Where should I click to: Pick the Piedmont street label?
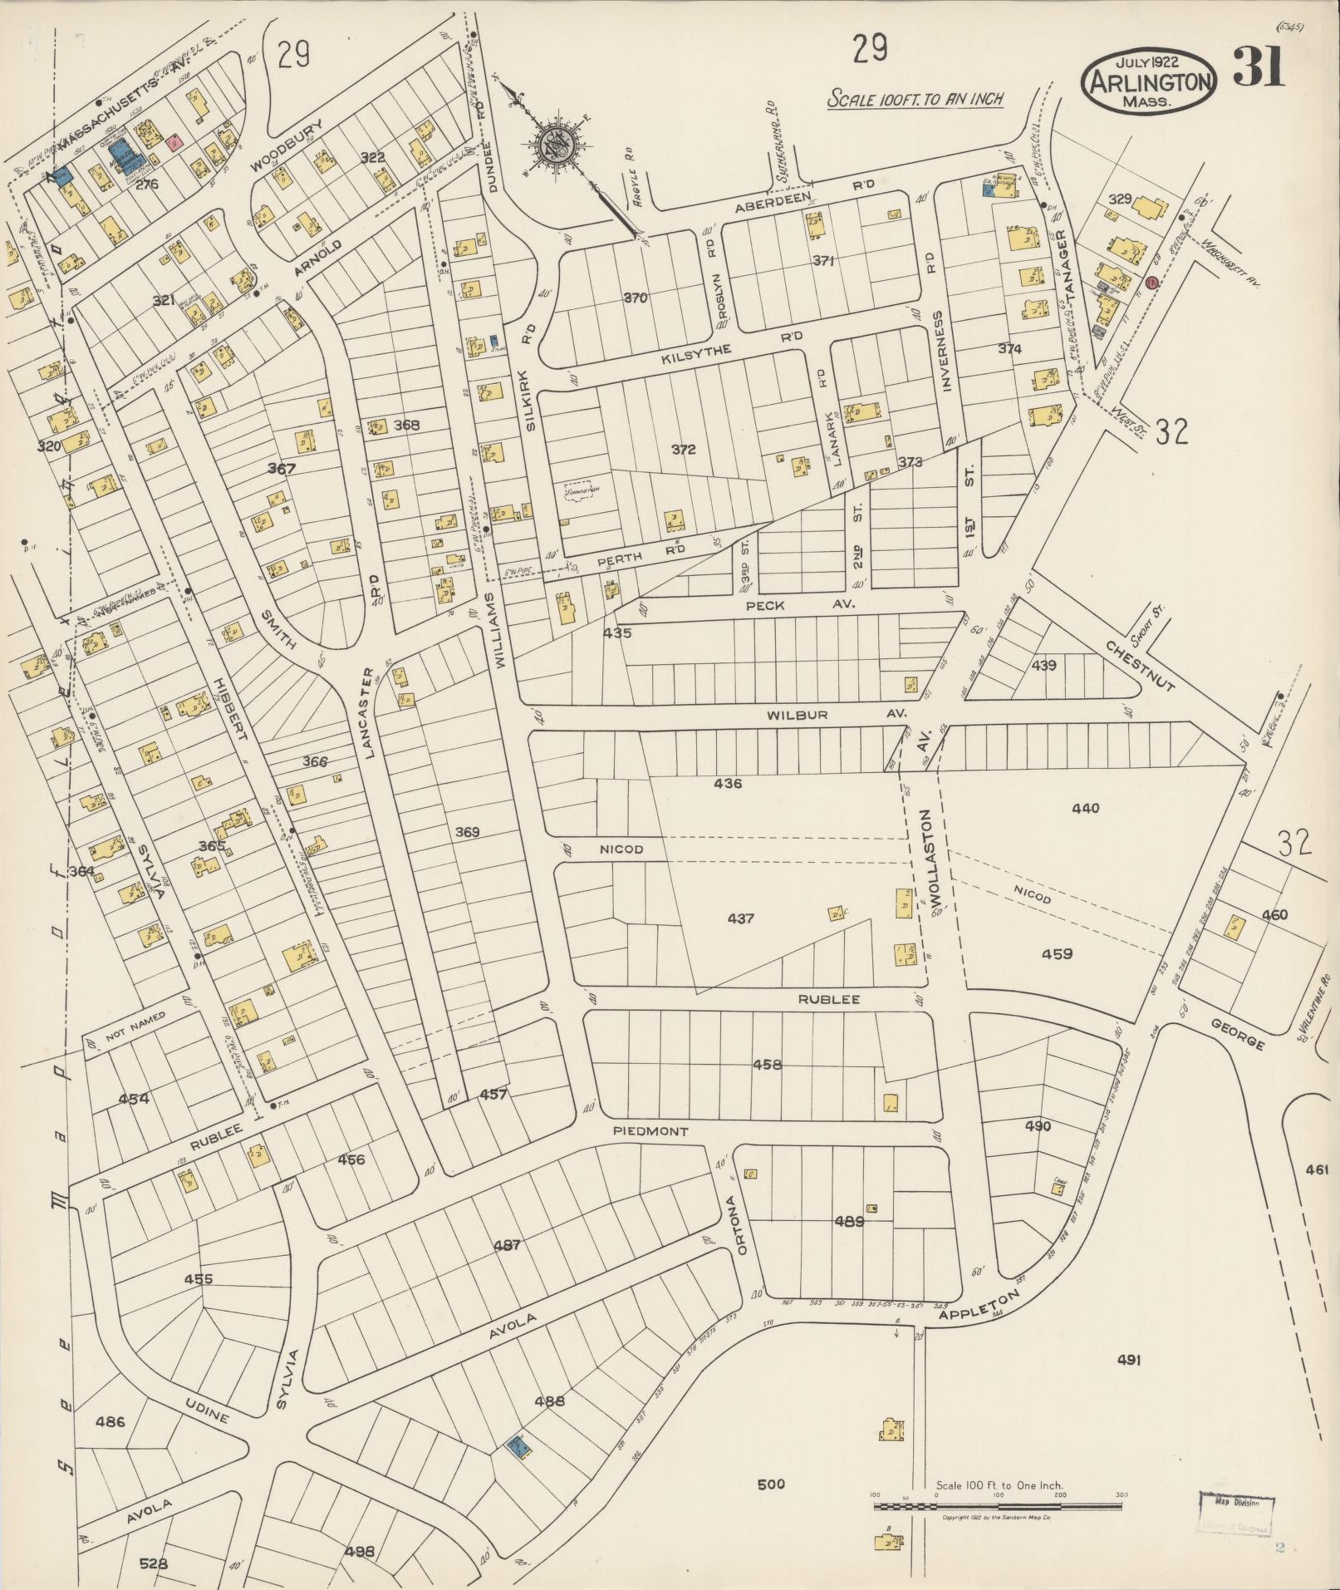pos(650,1131)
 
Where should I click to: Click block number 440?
pos(1085,808)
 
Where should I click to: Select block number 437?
pos(740,918)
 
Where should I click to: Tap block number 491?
pos(1128,1360)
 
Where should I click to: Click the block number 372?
pos(683,450)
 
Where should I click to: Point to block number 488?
pos(549,1400)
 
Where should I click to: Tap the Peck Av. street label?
pos(796,605)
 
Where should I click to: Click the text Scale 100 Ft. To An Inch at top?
pos(915,99)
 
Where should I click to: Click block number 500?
pos(771,1484)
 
